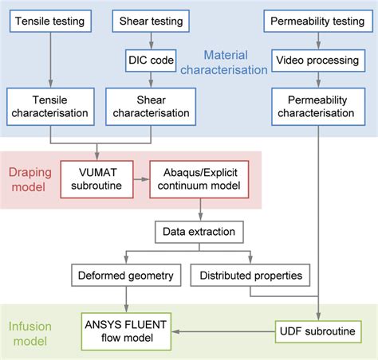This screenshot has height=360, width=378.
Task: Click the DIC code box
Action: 152,59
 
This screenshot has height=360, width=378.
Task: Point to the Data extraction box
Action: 200,232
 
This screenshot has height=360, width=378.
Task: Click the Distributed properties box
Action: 251,276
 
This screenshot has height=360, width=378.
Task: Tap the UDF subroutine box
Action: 319,330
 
